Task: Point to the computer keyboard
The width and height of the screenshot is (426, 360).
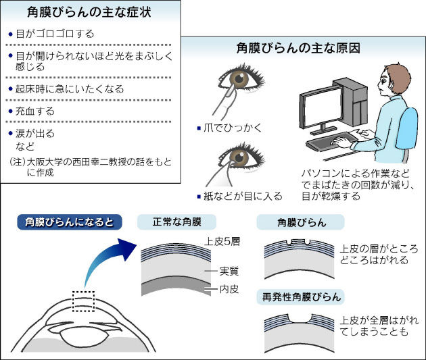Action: [331, 142]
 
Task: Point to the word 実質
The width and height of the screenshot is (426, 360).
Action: [229, 271]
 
